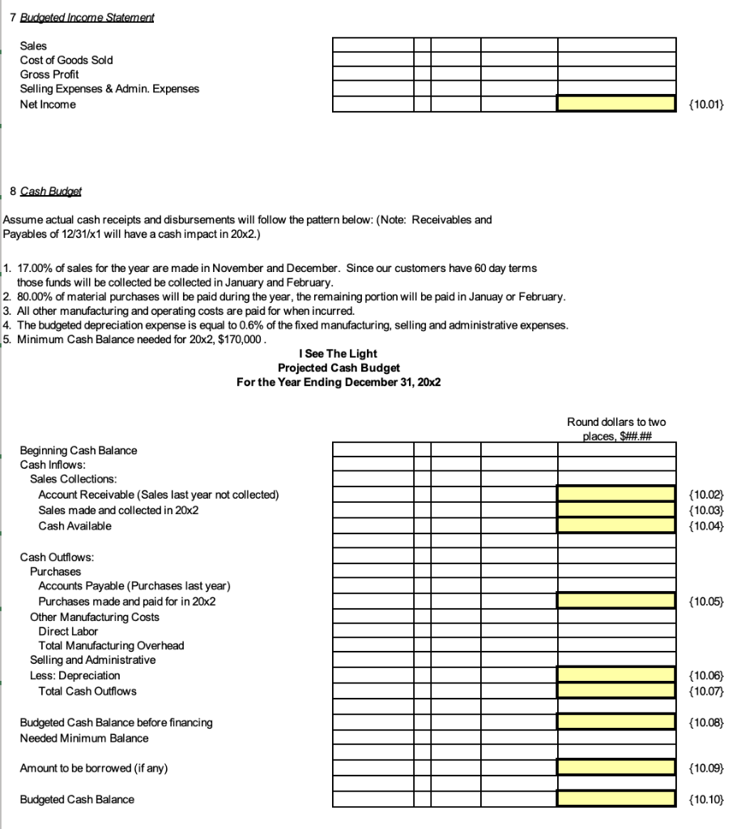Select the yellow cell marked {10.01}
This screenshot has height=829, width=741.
(615, 104)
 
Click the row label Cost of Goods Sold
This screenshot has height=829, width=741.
(66, 60)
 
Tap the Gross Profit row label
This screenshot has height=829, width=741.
(49, 74)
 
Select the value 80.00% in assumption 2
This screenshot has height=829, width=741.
(37, 297)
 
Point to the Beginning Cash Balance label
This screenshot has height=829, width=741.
(79, 450)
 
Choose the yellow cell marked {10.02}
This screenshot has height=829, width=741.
(615, 494)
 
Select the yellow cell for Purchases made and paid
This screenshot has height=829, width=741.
(615, 601)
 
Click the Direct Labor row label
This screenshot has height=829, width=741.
(68, 631)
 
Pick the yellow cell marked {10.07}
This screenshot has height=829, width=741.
(615, 691)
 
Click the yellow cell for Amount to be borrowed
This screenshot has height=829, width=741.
(615, 767)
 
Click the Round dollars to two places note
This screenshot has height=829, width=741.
(616, 429)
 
